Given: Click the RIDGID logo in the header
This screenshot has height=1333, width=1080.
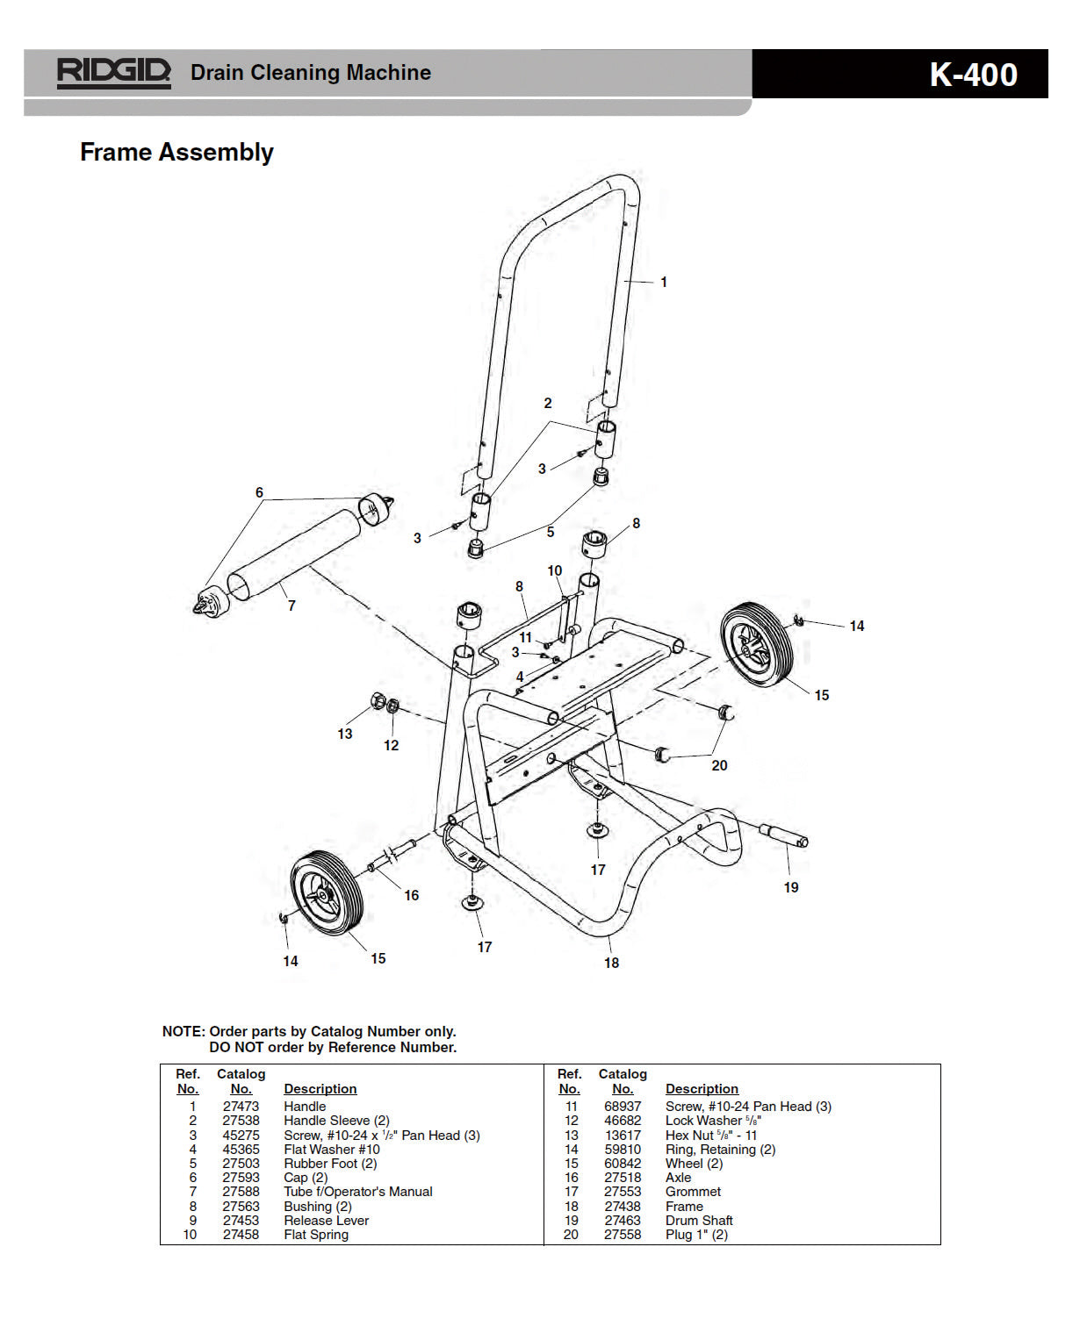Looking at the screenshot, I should [113, 72].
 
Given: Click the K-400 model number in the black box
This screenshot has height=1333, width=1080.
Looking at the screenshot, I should [973, 75].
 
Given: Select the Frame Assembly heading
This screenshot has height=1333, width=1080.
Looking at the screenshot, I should [176, 152].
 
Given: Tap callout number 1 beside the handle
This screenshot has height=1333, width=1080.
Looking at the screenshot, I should [664, 282].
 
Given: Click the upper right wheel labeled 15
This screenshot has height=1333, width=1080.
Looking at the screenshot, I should [756, 645].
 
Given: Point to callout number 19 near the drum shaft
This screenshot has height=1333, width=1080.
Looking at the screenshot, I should [791, 887].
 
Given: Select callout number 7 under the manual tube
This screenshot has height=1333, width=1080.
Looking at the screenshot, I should [292, 606].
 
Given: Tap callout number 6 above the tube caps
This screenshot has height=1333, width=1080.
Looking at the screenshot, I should [259, 492].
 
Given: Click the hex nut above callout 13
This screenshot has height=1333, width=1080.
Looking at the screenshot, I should [377, 700].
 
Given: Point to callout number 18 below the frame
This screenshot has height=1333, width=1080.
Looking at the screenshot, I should [611, 963].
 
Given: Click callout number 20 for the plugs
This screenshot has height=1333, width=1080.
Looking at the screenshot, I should [719, 765].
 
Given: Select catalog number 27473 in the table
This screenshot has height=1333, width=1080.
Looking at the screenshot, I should [241, 1107].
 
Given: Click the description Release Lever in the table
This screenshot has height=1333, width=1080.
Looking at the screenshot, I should [326, 1221].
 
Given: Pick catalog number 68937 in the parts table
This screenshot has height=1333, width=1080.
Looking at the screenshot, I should [623, 1107].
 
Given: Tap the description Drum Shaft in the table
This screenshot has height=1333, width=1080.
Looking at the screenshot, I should [699, 1221].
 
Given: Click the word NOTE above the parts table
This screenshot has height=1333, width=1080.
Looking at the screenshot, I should [183, 1031].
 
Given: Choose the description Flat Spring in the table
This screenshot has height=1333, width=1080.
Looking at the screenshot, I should [316, 1235].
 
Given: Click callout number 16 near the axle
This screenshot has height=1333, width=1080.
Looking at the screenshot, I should [411, 895].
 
